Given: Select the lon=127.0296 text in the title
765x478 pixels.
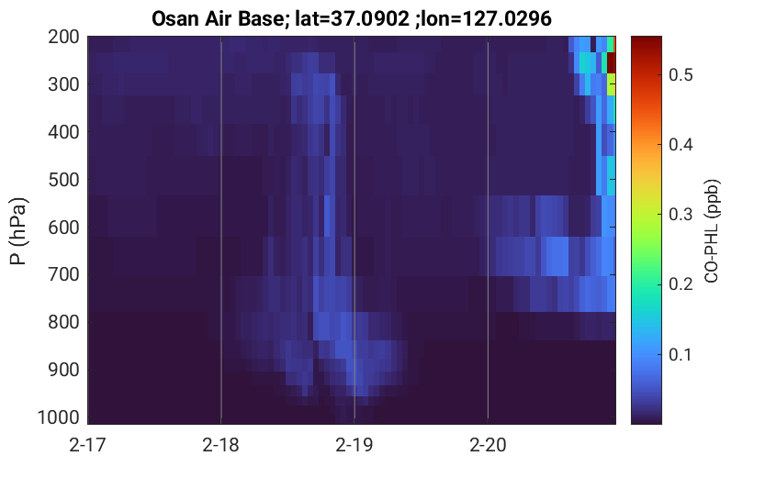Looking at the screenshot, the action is click(487, 19).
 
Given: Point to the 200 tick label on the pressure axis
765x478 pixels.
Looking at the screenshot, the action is click(63, 37).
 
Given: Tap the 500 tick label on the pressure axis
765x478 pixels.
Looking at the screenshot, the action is click(63, 180).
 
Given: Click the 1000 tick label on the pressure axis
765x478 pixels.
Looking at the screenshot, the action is click(59, 417).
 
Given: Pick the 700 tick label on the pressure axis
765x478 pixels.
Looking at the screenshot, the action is click(63, 275).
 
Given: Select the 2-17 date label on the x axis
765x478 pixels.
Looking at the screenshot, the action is click(87, 445).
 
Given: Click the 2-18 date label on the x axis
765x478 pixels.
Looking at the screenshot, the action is click(220, 445).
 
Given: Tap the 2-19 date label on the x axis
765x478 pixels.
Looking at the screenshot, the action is click(354, 445).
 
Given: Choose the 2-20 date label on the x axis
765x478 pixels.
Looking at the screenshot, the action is click(488, 445).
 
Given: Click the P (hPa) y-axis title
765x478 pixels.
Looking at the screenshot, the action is click(18, 231).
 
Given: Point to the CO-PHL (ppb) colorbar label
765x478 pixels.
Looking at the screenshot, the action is click(712, 231).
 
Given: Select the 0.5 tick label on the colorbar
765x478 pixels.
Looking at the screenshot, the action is click(681, 75).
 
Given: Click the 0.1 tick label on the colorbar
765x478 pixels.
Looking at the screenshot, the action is click(681, 354).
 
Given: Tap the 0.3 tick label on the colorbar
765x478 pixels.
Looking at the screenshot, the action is click(681, 215).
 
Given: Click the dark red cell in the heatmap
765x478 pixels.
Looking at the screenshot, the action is click(611, 62).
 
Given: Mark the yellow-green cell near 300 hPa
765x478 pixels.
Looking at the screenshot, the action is click(611, 84).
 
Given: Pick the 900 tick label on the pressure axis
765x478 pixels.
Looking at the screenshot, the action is click(63, 370).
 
